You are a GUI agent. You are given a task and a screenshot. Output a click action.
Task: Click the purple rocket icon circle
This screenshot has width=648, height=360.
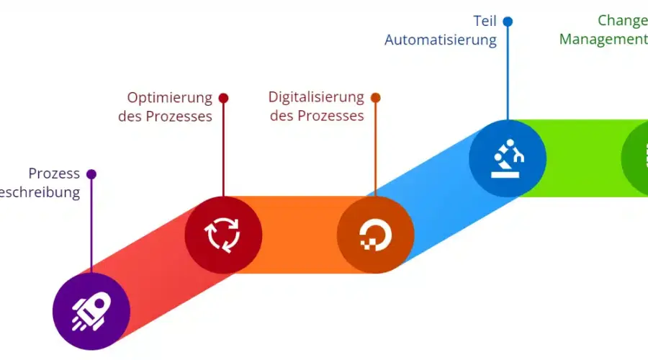click(91, 311)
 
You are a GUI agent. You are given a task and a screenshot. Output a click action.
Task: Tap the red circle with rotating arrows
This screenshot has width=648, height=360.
click(223, 235)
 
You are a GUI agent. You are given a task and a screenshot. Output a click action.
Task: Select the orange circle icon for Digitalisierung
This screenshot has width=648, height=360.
click(375, 235)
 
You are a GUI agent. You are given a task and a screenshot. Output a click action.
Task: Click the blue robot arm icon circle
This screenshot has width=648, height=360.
click(508, 158)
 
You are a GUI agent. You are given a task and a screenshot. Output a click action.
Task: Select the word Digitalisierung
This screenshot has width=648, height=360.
click(316, 97)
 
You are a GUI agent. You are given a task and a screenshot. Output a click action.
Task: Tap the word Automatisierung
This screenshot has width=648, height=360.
click(441, 40)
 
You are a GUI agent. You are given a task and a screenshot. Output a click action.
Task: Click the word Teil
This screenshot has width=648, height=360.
click(485, 20)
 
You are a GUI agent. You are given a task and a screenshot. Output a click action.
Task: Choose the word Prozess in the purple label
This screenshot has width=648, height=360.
click(54, 174)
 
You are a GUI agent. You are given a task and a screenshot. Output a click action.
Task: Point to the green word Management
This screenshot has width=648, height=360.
click(603, 40)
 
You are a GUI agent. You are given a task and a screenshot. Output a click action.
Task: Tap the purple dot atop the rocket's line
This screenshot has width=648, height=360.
click(91, 174)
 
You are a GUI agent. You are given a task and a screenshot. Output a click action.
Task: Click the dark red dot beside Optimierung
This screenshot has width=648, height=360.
click(223, 97)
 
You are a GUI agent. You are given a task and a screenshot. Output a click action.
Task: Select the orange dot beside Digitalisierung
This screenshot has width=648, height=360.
click(375, 97)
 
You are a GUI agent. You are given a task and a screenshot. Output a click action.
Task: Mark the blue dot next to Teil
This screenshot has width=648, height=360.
click(508, 21)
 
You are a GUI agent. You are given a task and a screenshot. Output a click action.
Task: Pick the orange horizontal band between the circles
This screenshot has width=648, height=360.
click(299, 235)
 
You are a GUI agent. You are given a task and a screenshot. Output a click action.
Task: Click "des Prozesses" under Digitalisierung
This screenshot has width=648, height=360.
click(317, 116)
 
